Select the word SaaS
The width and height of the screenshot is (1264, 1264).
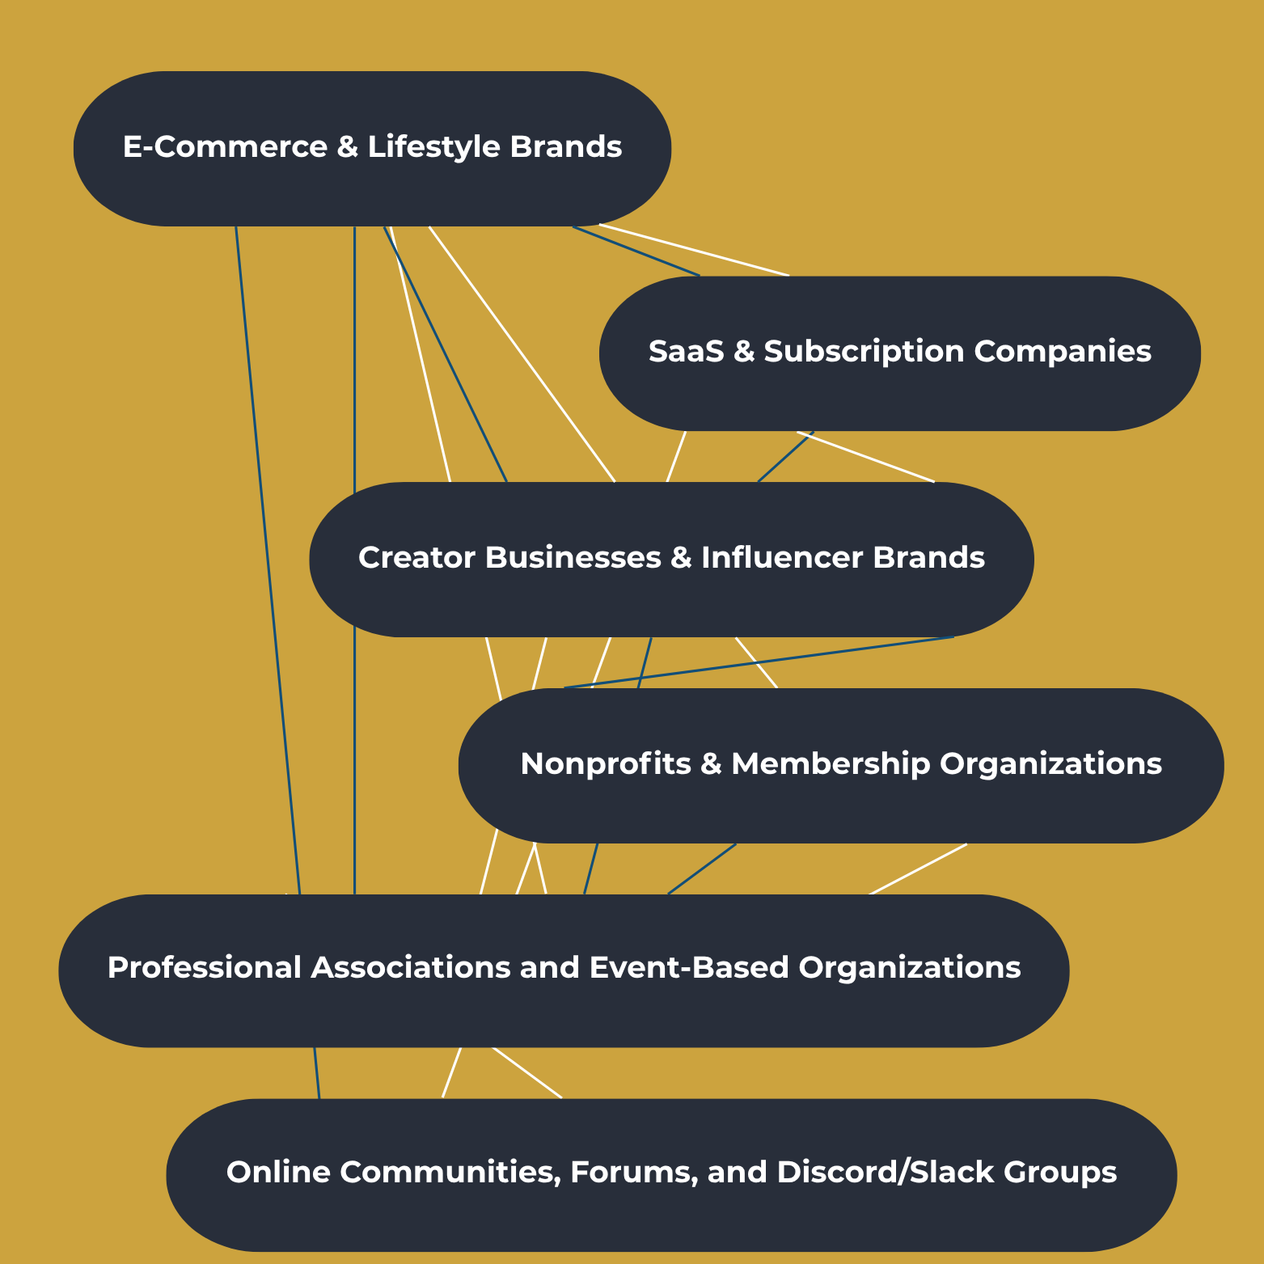(x=686, y=352)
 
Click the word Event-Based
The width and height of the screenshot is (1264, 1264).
(x=688, y=968)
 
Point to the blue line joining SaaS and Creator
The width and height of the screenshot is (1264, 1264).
(x=784, y=458)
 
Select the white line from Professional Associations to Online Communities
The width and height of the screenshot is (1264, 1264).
(x=526, y=1073)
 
